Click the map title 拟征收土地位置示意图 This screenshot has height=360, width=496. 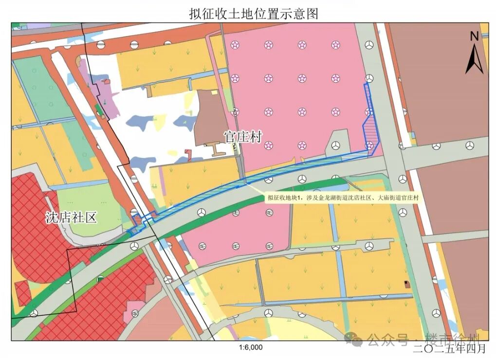coord(254,13)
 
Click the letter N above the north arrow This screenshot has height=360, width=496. coord(475,36)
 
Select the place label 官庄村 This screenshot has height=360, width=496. coord(243,137)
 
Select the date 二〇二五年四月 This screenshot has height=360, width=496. coord(449,348)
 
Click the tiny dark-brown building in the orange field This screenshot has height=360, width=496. coord(407,284)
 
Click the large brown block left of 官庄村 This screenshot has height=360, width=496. coord(210,117)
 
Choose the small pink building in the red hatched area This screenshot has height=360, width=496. coord(131,311)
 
